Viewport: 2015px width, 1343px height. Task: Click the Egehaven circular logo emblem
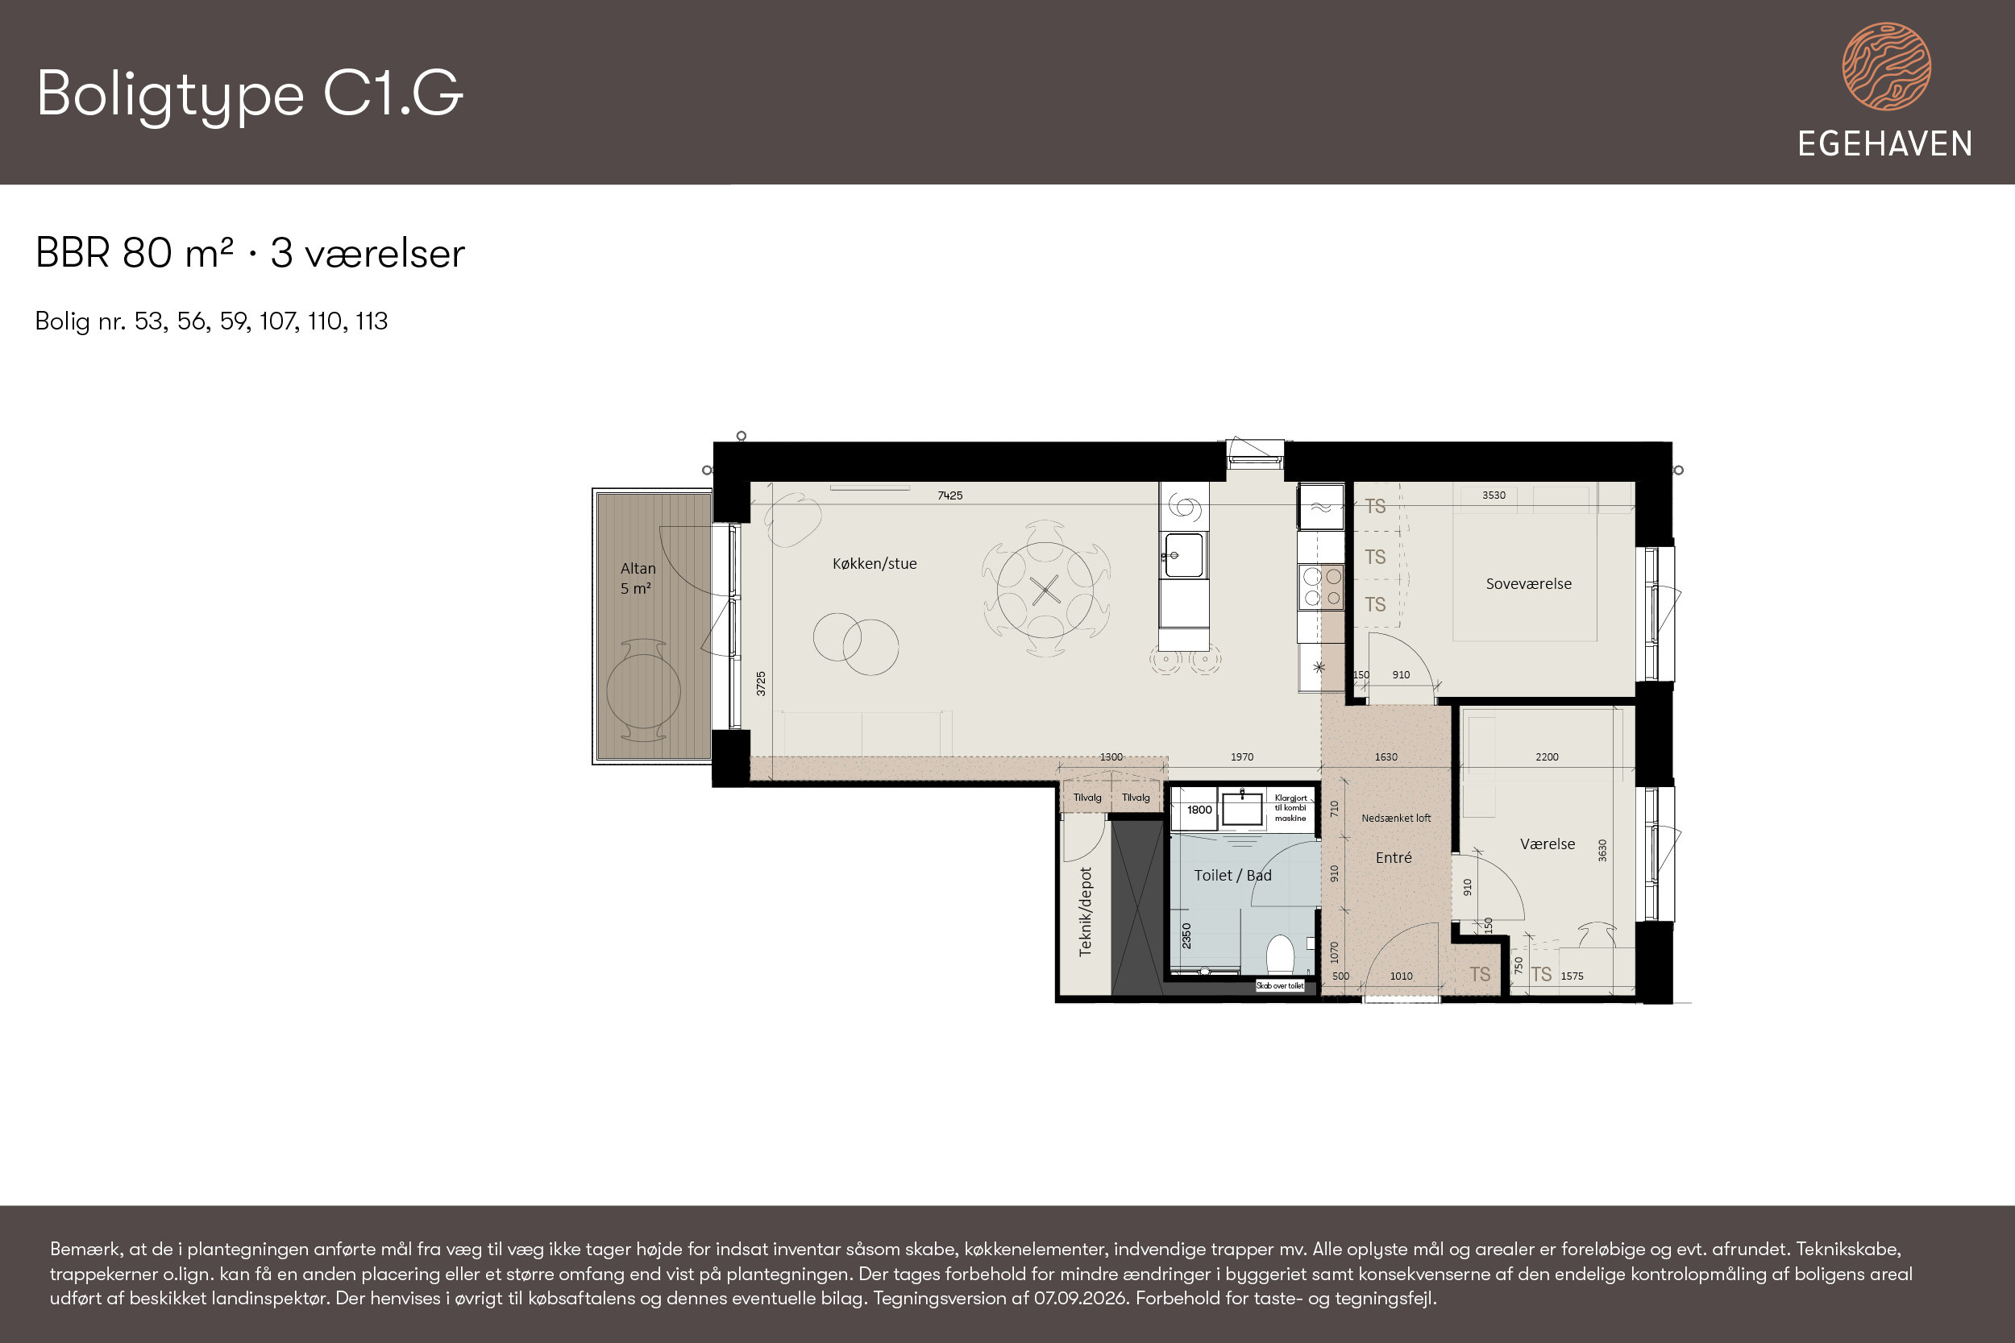tap(1887, 67)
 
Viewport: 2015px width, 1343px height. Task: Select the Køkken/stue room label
tap(875, 564)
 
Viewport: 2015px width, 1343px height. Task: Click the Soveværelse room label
tap(1528, 583)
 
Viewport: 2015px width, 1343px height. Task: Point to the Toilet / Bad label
tap(1233, 876)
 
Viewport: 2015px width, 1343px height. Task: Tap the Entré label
tap(1393, 857)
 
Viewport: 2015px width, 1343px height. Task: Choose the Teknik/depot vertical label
tap(1086, 911)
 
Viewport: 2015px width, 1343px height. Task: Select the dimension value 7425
tap(950, 495)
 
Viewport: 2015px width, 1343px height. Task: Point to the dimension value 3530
tap(1494, 495)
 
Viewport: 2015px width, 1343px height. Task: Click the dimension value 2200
tap(1547, 757)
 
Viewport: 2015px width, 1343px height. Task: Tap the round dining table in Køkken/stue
tap(1045, 589)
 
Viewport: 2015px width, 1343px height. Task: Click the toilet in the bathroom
tap(1280, 954)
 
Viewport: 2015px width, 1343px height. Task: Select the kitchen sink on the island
tap(1184, 556)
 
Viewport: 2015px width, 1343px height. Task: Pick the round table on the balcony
tap(643, 691)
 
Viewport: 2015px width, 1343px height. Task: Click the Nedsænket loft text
tap(1396, 818)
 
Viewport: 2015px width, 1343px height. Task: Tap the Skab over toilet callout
tap(1280, 986)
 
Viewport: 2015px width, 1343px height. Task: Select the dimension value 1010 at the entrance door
tap(1401, 976)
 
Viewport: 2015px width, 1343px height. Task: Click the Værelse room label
tap(1548, 844)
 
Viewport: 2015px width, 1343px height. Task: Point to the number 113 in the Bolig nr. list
tap(372, 321)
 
